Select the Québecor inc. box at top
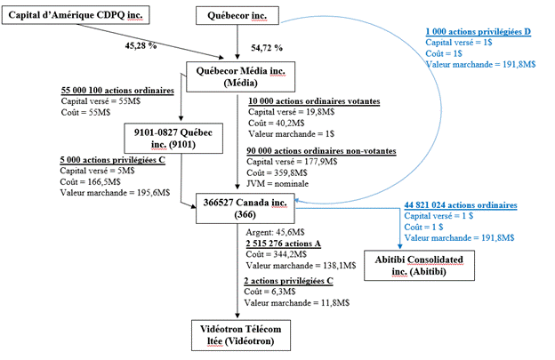pos(237,16)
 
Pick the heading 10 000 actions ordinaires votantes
pos(314,102)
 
